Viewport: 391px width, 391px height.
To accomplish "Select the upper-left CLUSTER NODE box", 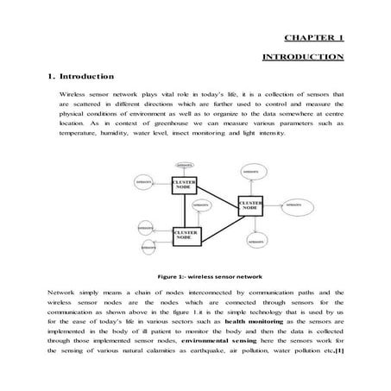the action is (x=186, y=185).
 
